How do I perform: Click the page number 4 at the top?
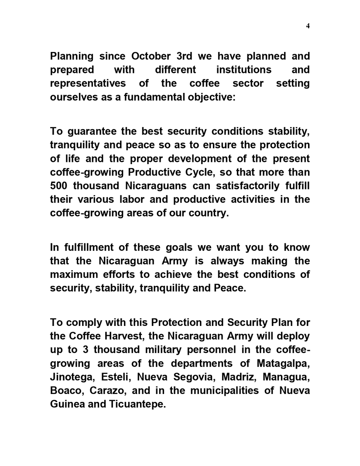pos(308,26)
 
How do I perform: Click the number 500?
pos(60,186)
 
